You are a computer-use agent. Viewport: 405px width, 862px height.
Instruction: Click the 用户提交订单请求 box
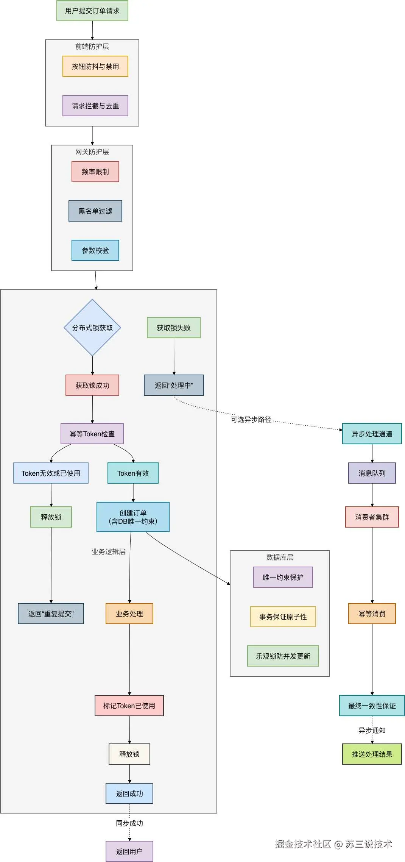point(92,11)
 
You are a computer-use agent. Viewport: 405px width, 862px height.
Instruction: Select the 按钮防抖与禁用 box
point(95,66)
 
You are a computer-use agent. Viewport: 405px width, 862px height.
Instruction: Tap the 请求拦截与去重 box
point(95,106)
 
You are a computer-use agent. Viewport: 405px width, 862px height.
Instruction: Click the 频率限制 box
point(95,172)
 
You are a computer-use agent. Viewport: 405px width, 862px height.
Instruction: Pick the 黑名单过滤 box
point(95,211)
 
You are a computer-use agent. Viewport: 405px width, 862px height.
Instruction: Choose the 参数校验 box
point(95,250)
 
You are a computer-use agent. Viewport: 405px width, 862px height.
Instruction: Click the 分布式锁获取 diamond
point(92,328)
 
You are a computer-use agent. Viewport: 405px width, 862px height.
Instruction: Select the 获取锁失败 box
point(174,328)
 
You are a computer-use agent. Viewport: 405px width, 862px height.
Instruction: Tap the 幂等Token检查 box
point(92,434)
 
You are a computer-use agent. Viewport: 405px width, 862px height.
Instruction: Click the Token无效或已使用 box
point(51,473)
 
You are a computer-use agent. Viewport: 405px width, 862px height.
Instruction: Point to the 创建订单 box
point(133,517)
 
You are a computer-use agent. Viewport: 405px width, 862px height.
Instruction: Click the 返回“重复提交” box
point(51,614)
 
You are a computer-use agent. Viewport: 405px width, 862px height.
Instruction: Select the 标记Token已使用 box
point(129,706)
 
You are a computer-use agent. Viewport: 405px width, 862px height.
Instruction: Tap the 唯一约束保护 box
point(283,577)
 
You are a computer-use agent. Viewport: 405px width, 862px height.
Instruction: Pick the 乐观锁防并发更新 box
point(283,656)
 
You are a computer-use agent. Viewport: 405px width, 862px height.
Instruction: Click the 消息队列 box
point(372,473)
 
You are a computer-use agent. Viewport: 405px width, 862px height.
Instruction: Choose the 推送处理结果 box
point(372,754)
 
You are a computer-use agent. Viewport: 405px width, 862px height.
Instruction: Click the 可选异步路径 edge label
point(251,420)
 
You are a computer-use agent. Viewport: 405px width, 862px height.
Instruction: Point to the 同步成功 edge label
point(129,823)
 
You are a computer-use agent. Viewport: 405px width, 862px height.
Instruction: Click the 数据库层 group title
point(280,557)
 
